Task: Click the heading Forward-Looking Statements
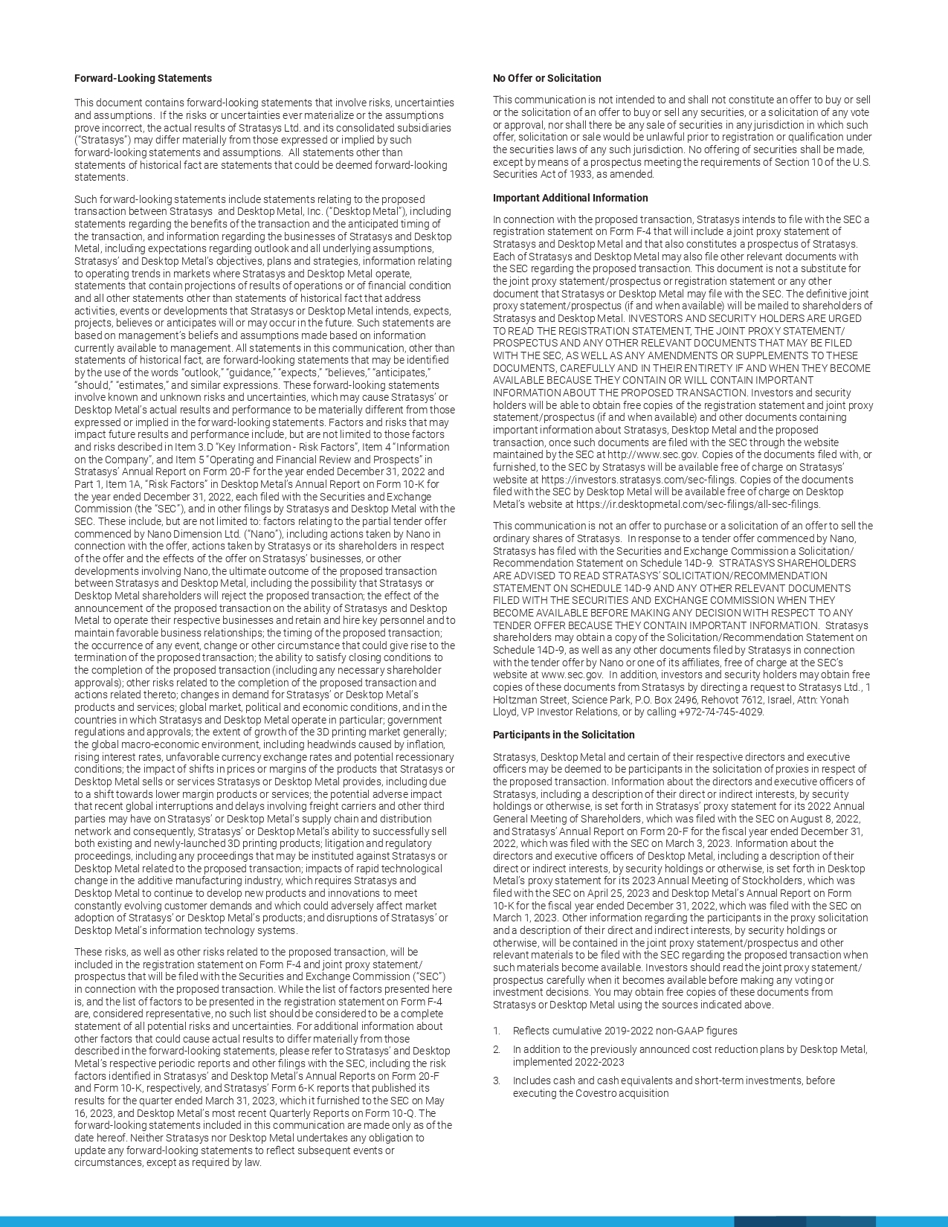pyautogui.click(x=143, y=78)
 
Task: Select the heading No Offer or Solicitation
pyautogui.click(x=546, y=78)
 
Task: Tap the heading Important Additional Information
pyautogui.click(x=570, y=198)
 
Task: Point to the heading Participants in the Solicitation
pyautogui.click(x=564, y=735)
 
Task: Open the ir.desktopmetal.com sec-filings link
pyautogui.click(x=697, y=504)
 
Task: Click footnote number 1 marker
pyautogui.click(x=496, y=1031)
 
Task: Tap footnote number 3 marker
pyautogui.click(x=496, y=1081)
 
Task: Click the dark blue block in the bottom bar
pyautogui.click(x=770, y=1222)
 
